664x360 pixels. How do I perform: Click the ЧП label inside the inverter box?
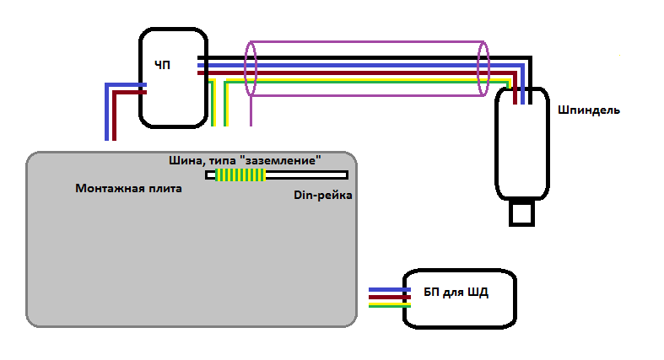click(163, 64)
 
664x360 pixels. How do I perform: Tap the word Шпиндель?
click(589, 110)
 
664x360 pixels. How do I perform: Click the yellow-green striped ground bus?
click(240, 175)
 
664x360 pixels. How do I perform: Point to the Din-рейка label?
click(322, 196)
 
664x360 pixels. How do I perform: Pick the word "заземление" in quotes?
click(280, 159)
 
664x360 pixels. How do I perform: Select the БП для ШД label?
click(456, 293)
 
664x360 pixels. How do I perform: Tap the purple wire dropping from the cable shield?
click(252, 110)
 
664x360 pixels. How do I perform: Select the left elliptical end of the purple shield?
click(251, 67)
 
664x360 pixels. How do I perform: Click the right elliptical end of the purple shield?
click(483, 68)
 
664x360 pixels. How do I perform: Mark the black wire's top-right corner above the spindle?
click(530, 59)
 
